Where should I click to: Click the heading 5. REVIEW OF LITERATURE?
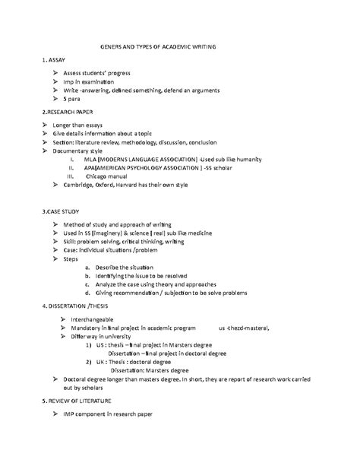(x=77, y=399)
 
